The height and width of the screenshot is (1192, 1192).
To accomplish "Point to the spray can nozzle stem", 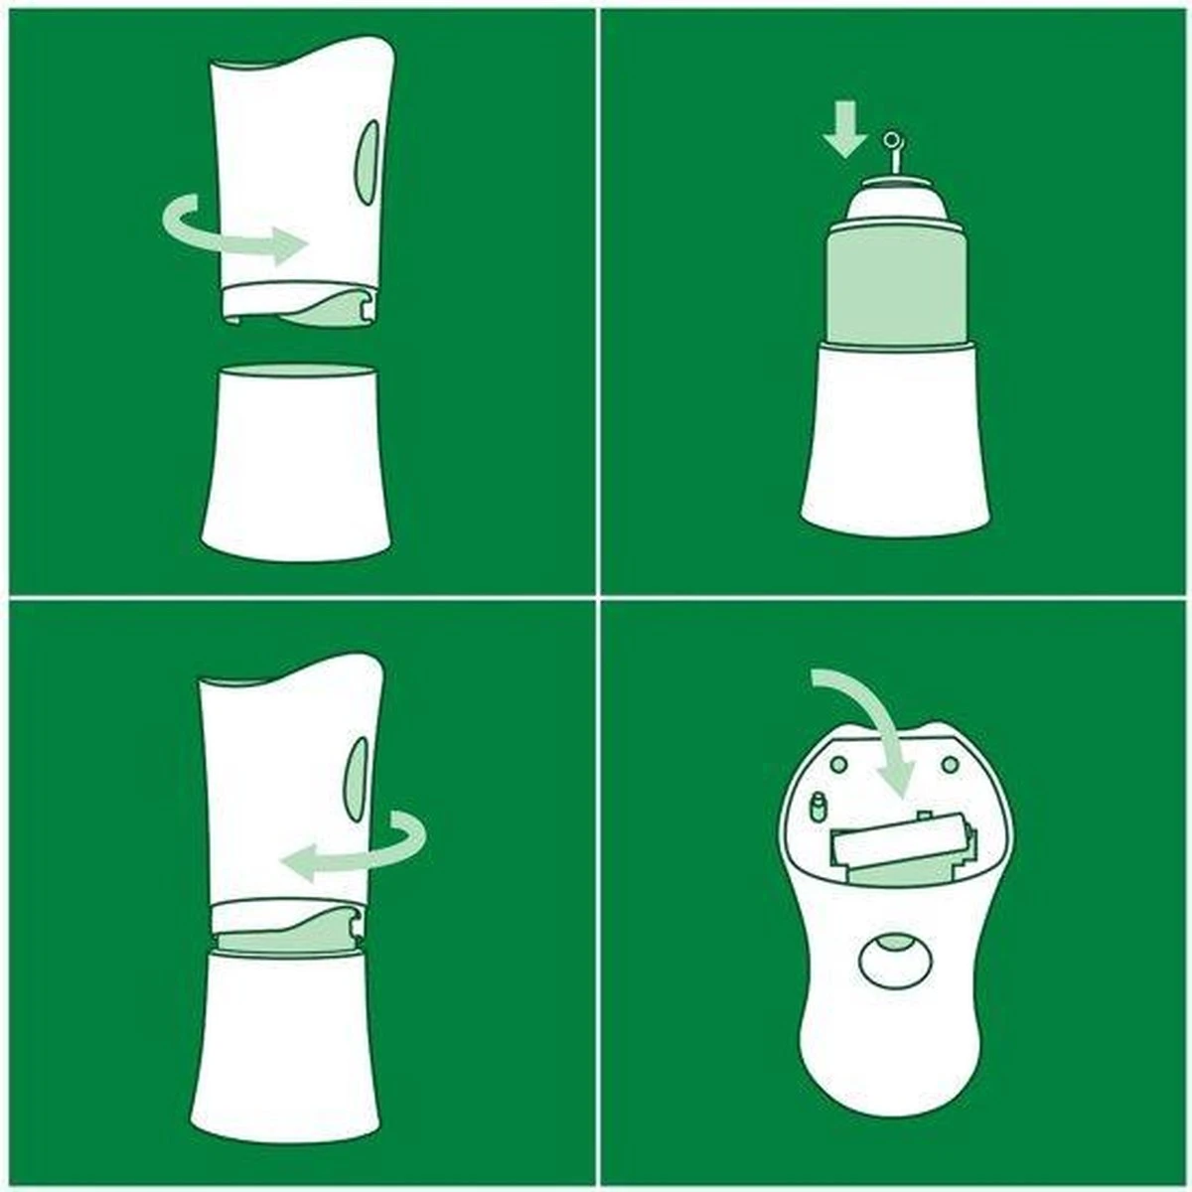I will point(893,159).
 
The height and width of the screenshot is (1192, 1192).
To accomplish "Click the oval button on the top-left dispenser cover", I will point(369,165).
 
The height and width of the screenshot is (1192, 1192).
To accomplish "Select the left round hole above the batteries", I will point(837,764).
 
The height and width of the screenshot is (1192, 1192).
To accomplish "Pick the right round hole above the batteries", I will point(951,764).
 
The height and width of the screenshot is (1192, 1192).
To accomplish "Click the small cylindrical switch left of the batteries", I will point(819,807).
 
